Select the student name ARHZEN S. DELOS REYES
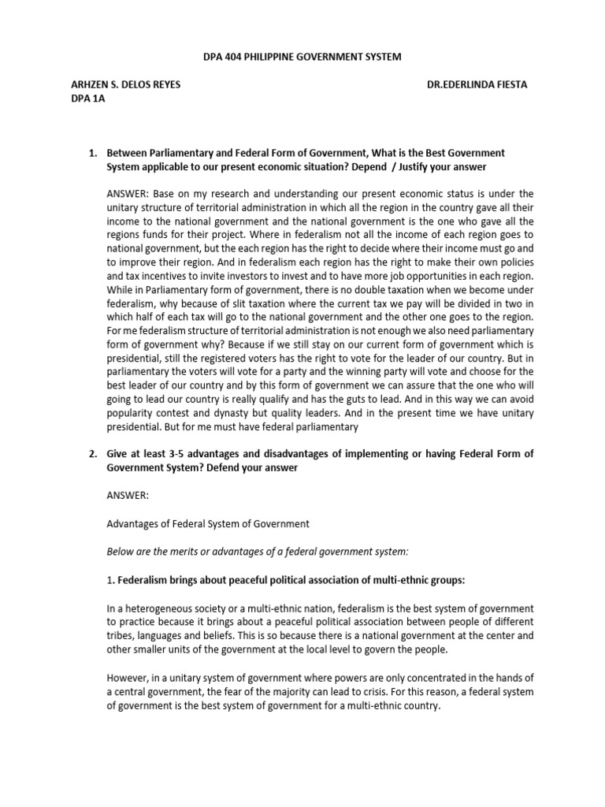(x=126, y=85)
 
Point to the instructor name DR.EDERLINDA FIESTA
(x=477, y=85)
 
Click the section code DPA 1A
(x=88, y=99)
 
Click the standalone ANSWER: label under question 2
(x=128, y=497)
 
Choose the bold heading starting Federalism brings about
(x=291, y=580)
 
